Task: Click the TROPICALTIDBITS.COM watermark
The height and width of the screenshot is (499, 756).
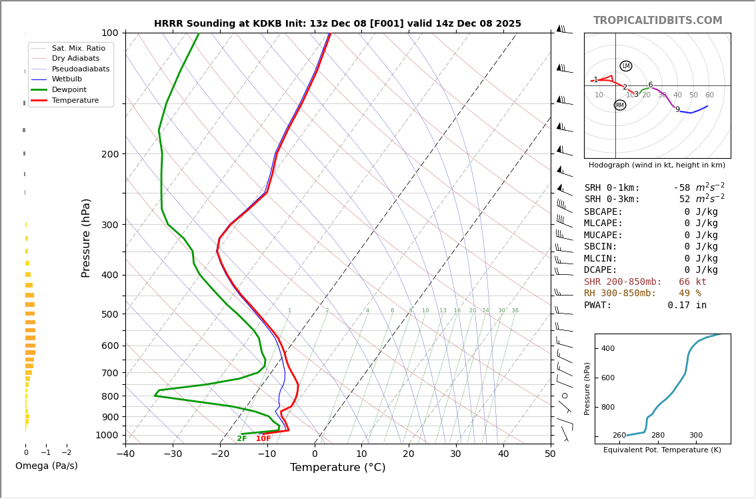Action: tap(657, 21)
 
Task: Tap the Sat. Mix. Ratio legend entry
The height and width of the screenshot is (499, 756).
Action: tap(78, 48)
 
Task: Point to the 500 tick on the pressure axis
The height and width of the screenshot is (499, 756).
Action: tap(109, 314)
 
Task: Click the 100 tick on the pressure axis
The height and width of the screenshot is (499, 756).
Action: tap(109, 33)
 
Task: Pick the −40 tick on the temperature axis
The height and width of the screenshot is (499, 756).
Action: tap(125, 454)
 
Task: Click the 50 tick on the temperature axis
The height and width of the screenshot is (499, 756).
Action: tap(550, 454)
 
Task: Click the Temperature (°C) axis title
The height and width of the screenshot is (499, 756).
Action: tap(337, 468)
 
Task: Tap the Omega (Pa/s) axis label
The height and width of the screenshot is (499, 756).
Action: tap(47, 466)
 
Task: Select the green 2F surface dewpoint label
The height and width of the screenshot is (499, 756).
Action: tap(241, 438)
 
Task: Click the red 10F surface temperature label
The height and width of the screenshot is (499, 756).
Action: tap(263, 438)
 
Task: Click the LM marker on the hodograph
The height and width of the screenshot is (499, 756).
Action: tap(625, 66)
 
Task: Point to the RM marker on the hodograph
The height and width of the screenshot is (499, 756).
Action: tap(619, 105)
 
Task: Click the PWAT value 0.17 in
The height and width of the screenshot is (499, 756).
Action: tap(687, 306)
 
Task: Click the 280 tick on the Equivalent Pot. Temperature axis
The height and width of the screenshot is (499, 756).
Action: tap(657, 436)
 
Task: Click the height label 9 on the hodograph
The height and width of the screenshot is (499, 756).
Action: tap(677, 109)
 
